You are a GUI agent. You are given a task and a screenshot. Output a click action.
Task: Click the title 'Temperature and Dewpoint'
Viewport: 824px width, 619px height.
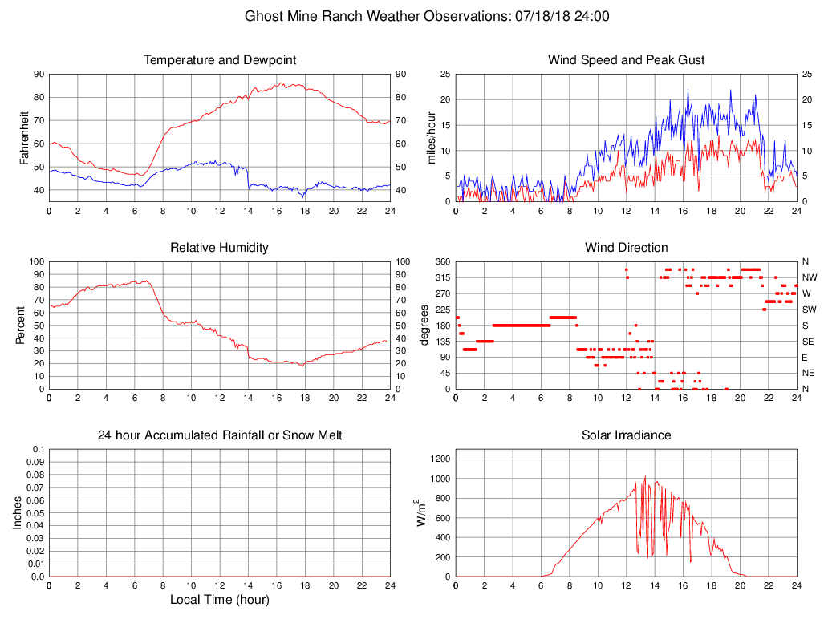[x=219, y=60]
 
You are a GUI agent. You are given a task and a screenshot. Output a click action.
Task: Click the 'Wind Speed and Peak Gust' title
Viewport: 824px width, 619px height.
[x=626, y=60]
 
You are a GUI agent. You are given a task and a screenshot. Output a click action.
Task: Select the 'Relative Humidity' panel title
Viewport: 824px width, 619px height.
[x=219, y=248]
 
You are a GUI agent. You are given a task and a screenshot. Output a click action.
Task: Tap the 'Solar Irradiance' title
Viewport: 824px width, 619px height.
[x=626, y=435]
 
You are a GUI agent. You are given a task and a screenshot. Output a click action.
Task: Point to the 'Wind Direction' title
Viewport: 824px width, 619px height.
[x=626, y=248]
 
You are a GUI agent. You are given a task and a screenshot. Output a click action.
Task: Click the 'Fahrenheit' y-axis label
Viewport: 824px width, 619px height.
[x=25, y=138]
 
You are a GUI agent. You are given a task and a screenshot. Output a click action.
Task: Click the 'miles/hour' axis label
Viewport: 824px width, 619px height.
[x=432, y=138]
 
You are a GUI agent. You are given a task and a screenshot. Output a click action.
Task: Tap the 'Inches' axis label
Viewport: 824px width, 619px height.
[x=18, y=513]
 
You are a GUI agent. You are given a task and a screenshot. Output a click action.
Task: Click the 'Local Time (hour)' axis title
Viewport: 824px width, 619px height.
[x=219, y=600]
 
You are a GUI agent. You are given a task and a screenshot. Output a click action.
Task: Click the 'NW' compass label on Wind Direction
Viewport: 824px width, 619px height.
[x=810, y=277]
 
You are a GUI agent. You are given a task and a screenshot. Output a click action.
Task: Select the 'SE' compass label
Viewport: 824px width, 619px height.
[x=808, y=342]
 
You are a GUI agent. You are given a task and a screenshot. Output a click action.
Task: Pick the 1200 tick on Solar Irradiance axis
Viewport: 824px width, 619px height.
[x=438, y=459]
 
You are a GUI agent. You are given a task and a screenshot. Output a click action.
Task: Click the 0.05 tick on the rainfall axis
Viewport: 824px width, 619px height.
[x=36, y=513]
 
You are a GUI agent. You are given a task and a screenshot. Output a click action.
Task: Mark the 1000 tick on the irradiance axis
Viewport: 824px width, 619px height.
[x=438, y=479]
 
